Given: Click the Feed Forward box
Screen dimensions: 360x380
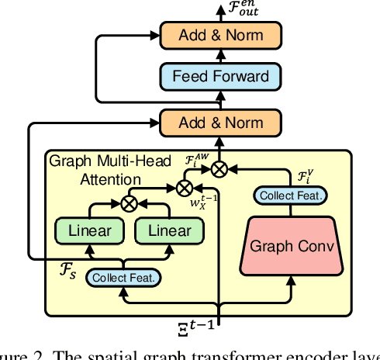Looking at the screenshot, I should click(x=220, y=76).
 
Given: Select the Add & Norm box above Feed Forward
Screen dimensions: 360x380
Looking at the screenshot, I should click(x=220, y=35).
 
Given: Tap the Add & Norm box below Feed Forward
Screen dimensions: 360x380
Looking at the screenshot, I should click(x=220, y=122).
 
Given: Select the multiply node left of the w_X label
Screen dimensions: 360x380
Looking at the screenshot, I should click(x=185, y=186).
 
